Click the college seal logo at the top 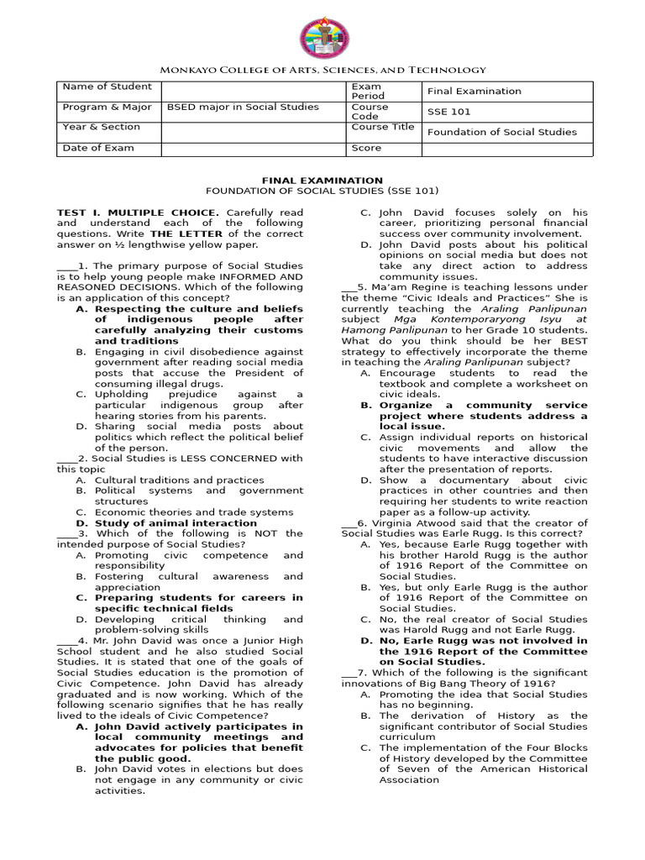(x=324, y=38)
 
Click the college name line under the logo (x=322, y=71)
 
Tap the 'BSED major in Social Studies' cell (x=243, y=107)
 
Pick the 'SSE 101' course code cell (x=449, y=112)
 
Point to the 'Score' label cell (x=366, y=149)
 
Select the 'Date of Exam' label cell (x=98, y=149)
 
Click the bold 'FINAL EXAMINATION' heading (x=322, y=180)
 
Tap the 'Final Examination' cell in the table (x=475, y=92)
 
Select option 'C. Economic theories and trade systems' (x=193, y=512)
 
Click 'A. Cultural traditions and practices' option (x=179, y=480)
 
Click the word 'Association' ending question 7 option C (x=409, y=780)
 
